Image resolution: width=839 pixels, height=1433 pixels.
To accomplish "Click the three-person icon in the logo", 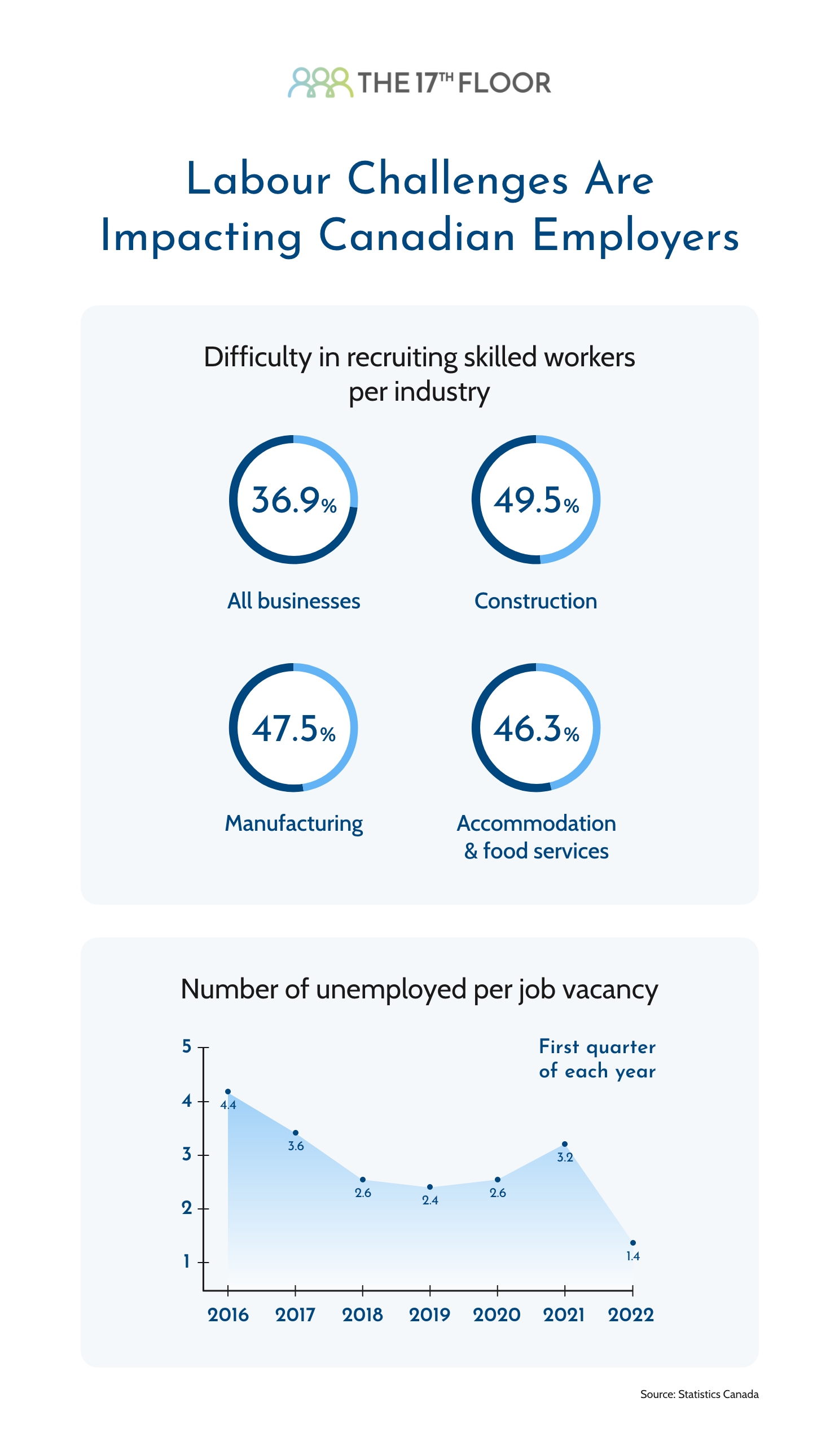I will [320, 82].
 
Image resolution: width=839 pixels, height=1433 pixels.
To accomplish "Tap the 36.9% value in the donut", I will [293, 501].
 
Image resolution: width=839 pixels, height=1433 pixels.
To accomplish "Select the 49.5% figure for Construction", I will [535, 501].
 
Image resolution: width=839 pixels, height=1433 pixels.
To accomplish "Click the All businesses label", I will [293, 601].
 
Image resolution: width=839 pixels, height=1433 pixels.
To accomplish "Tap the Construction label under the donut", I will [535, 601].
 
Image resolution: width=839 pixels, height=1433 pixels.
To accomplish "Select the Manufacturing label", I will [293, 823].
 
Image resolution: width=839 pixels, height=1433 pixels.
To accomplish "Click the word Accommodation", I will [536, 823].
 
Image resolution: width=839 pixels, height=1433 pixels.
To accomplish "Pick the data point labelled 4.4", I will [228, 1091].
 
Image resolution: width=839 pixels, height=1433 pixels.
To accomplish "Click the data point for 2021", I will [564, 1143].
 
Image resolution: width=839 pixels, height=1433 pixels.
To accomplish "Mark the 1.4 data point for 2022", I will [632, 1242].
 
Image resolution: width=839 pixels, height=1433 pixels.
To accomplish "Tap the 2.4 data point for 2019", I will [430, 1187].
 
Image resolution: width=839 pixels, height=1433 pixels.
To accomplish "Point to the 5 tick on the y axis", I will [186, 1046].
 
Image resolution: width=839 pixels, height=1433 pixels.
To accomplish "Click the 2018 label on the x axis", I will [362, 1314].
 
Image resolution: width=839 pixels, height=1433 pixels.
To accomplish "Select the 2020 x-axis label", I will [497, 1314].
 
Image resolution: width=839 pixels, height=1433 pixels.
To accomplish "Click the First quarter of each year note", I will [597, 1058].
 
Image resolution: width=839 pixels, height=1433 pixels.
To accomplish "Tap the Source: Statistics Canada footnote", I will [699, 1393].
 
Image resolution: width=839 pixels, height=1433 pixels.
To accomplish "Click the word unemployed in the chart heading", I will [392, 989].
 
